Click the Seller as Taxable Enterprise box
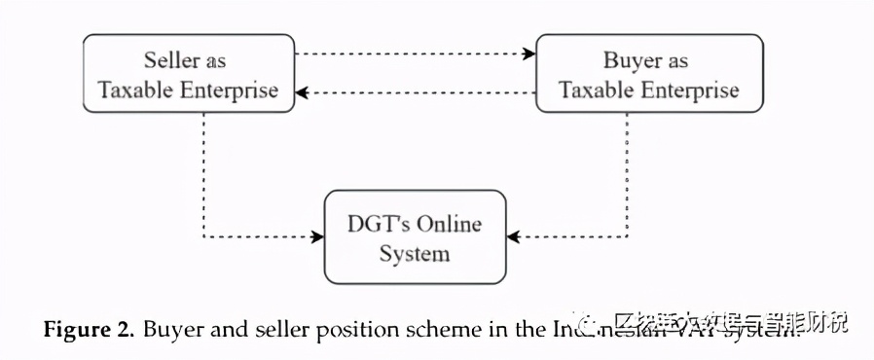[189, 74]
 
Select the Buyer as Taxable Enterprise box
[649, 74]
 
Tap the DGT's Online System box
[415, 238]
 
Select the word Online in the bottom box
[449, 224]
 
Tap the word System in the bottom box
[415, 254]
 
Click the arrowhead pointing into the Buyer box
[530, 54]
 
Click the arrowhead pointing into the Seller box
[302, 92]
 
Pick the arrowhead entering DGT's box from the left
[317, 236]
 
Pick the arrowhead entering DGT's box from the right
[513, 236]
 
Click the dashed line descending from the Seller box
[203, 175]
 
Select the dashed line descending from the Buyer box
[627, 175]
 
